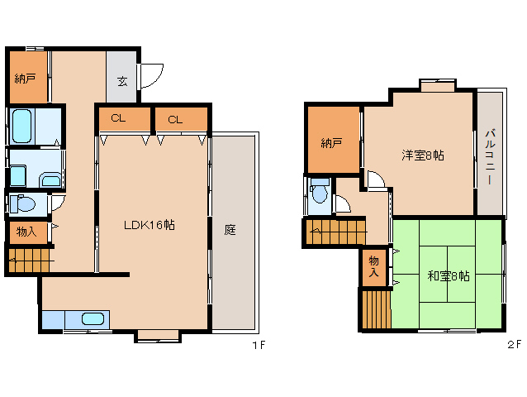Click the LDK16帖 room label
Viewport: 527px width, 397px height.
pyautogui.click(x=150, y=225)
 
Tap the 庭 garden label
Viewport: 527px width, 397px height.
pyautogui.click(x=230, y=230)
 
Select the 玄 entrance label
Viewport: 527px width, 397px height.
pyautogui.click(x=122, y=81)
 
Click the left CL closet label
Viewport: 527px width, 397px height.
pyautogui.click(x=118, y=118)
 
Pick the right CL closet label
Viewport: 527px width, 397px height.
pyautogui.click(x=175, y=119)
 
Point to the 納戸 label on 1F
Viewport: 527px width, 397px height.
pyautogui.click(x=26, y=79)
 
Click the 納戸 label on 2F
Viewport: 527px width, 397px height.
pyautogui.click(x=331, y=143)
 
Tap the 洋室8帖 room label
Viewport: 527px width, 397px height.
pyautogui.click(x=423, y=155)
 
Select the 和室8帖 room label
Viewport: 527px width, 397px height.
pyautogui.click(x=449, y=276)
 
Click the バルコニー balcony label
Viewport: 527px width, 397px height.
pyautogui.click(x=490, y=156)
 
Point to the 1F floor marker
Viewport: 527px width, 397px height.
pyautogui.click(x=259, y=345)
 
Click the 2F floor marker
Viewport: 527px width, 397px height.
pyautogui.click(x=514, y=345)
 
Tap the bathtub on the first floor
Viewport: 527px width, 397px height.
pyautogui.click(x=22, y=127)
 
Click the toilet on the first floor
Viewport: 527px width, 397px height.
pyautogui.click(x=22, y=203)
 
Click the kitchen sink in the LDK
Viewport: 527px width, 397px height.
pyautogui.click(x=93, y=318)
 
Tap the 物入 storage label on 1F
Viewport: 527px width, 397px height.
pyautogui.click(x=26, y=232)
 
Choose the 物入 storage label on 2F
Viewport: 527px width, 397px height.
pyautogui.click(x=373, y=266)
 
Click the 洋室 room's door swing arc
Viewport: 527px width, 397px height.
pyautogui.click(x=378, y=176)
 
